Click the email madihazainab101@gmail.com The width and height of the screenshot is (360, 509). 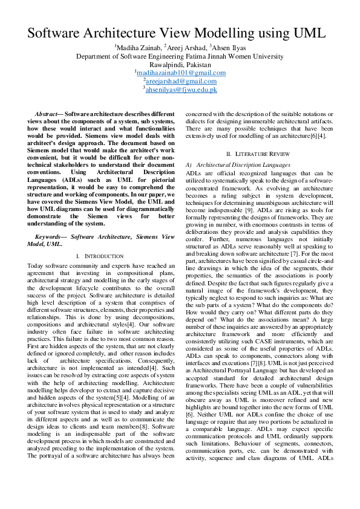pyautogui.click(x=181, y=73)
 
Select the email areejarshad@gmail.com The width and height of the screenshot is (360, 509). pyautogui.click(x=180, y=81)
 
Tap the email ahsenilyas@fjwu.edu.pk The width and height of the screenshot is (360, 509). pyautogui.click(x=181, y=89)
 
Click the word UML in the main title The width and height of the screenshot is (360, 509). pyautogui.click(x=307, y=33)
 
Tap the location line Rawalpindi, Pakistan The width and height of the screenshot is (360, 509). pyautogui.click(x=180, y=65)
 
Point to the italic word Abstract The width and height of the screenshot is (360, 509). pyautogui.click(x=47, y=114)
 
